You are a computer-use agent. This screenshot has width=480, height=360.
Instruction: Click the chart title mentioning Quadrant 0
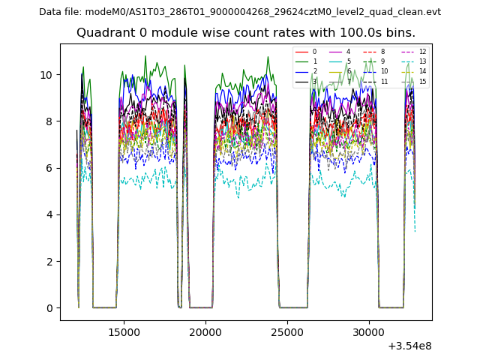pyautogui.click(x=246, y=33)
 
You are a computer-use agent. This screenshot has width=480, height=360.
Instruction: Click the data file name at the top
pyautogui.click(x=240, y=12)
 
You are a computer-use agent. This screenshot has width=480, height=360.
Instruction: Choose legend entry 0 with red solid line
pyautogui.click(x=314, y=52)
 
